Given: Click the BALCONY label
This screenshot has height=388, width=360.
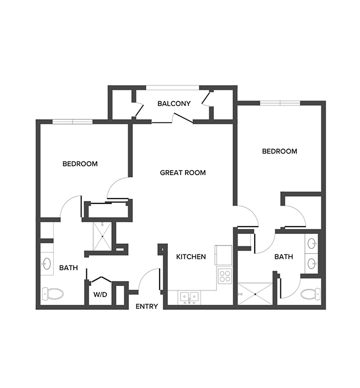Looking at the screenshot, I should click(174, 104).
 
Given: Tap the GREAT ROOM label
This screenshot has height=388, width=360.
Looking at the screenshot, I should click(183, 173).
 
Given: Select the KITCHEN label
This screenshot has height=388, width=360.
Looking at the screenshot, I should click(191, 257).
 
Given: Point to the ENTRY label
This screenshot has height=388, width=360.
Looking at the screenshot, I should click(147, 307).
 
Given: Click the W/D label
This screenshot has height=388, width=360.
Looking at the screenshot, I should click(100, 294).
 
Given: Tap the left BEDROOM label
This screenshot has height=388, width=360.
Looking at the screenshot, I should click(80, 164).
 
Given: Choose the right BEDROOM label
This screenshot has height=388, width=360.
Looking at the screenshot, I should click(279, 151).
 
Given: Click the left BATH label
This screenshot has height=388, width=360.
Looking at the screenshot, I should click(69, 268).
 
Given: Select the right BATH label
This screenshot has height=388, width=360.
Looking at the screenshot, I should click(284, 257).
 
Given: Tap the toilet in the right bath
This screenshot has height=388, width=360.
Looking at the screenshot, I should click(311, 294).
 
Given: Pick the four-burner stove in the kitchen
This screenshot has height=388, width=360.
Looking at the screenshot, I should click(224, 275).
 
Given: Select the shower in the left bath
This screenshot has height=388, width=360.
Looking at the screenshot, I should click(101, 236).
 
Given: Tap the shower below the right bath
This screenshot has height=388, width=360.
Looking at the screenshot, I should click(255, 294).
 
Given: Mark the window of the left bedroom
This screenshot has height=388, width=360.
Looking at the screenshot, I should click(71, 121).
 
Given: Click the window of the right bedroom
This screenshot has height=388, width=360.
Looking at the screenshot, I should click(280, 103).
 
